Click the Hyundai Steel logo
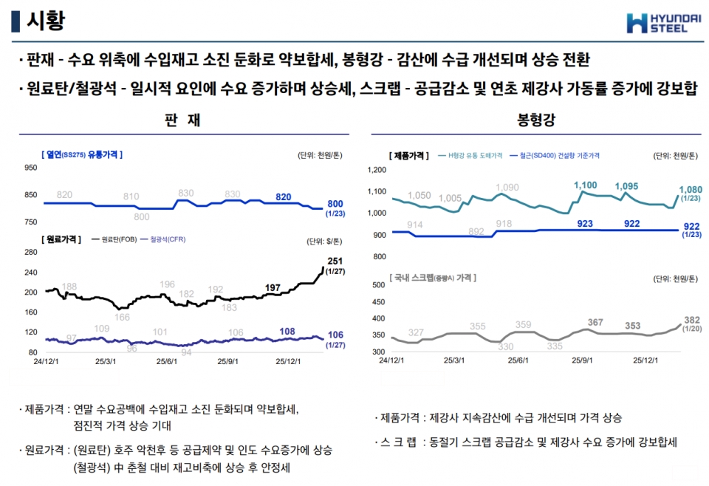(657, 23)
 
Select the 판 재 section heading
(183, 120)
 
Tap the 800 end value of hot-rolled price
(335, 204)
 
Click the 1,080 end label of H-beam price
(690, 190)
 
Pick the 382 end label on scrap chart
(691, 320)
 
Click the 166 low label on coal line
(122, 318)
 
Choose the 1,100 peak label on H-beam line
(585, 185)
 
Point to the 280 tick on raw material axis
(31, 252)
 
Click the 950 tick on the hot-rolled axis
(31, 168)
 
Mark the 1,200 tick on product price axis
(377, 170)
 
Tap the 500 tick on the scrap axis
(378, 284)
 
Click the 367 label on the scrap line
(595, 323)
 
